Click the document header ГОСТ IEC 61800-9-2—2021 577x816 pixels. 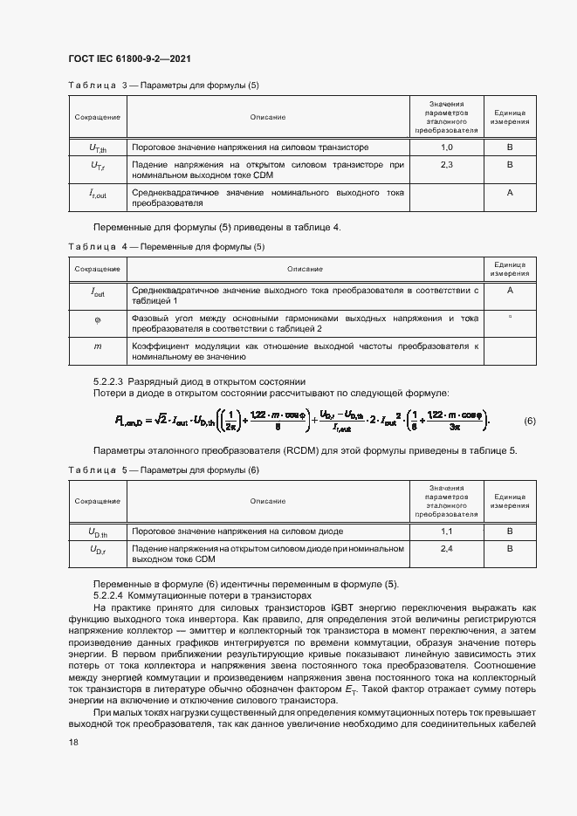click(x=129, y=59)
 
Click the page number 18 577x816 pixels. click(x=72, y=742)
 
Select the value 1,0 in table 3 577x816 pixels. click(x=447, y=147)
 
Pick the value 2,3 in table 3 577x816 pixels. click(x=447, y=164)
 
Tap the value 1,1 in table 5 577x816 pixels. click(x=447, y=531)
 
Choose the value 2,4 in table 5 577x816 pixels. click(x=447, y=548)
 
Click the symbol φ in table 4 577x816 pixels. click(x=98, y=320)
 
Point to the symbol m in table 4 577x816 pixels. click(x=98, y=346)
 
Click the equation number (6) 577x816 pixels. click(x=529, y=422)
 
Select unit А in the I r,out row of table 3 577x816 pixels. click(x=509, y=191)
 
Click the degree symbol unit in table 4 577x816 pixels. click(x=509, y=317)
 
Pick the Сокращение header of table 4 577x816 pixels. click(x=98, y=269)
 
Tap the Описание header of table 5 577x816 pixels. click(x=268, y=501)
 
